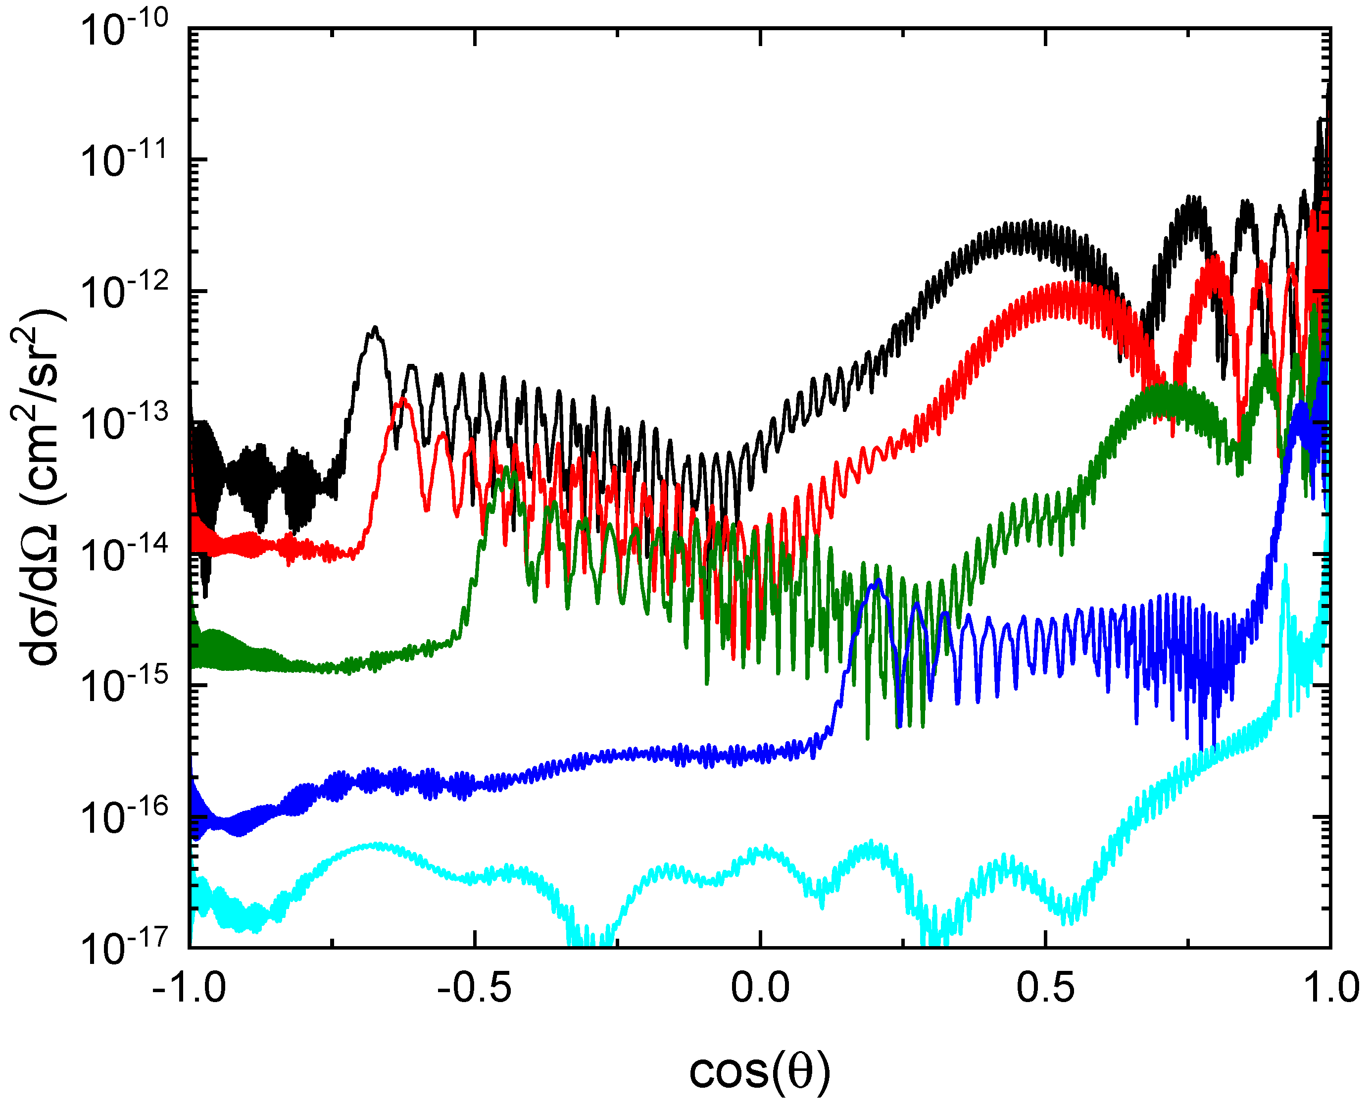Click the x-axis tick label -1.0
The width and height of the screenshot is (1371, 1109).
tap(190, 988)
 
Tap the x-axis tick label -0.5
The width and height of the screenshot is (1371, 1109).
tap(475, 988)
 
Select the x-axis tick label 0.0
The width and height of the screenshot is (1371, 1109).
tap(760, 988)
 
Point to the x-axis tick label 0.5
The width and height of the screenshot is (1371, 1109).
tap(1045, 988)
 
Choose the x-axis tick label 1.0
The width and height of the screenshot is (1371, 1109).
tap(1330, 988)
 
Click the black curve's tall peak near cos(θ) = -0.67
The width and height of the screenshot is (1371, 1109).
tap(375, 330)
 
